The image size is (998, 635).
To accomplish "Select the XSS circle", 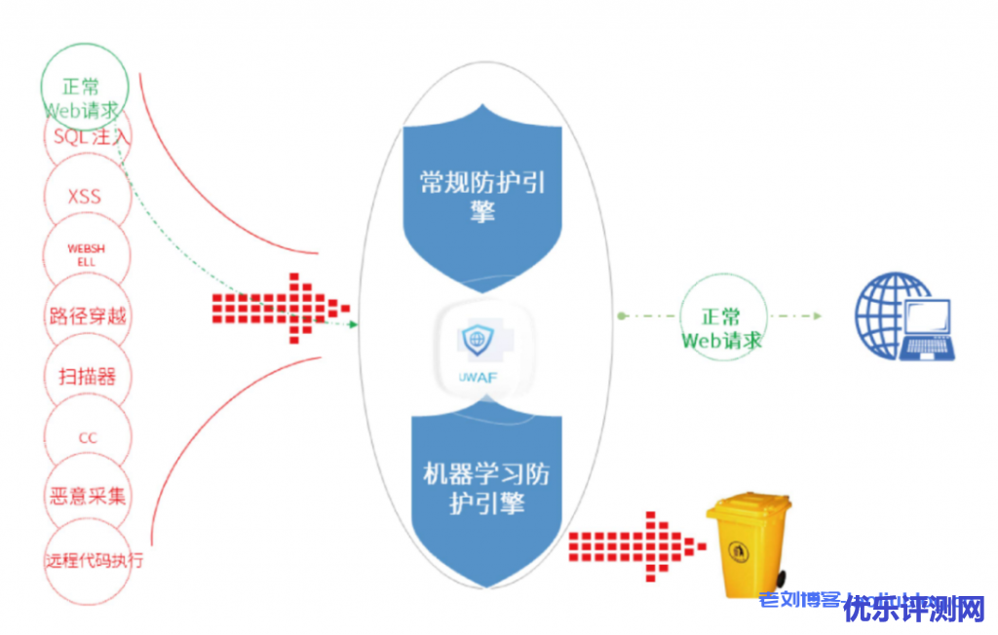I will (x=86, y=197).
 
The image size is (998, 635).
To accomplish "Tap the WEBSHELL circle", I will (x=87, y=255).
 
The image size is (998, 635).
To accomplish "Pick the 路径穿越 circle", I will (x=87, y=316).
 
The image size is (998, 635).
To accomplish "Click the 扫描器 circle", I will (x=87, y=376).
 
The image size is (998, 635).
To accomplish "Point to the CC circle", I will (x=87, y=437).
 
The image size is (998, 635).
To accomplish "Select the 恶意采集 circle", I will (x=87, y=497).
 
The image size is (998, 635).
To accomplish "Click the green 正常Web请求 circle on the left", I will (x=87, y=93).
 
